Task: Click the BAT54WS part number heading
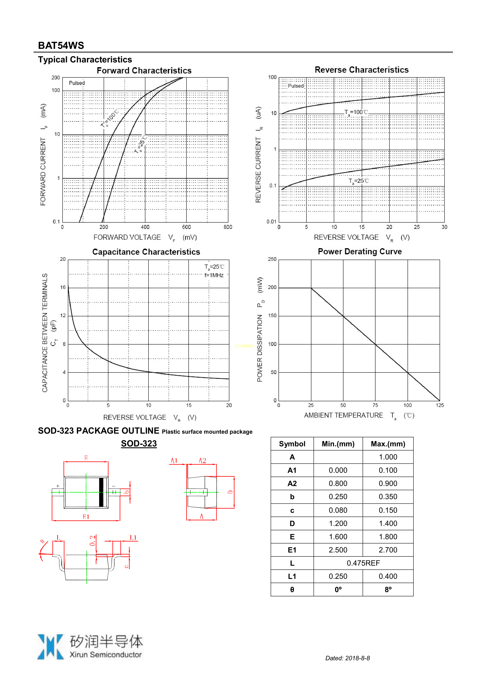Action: [61, 46]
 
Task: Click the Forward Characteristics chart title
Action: [144, 71]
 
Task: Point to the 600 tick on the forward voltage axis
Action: [186, 227]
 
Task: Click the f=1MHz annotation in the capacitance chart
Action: [214, 275]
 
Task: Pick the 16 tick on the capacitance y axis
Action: [63, 287]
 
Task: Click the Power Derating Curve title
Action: [360, 251]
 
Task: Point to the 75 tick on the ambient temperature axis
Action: [375, 405]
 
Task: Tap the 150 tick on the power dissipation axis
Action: [272, 315]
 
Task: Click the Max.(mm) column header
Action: [388, 444]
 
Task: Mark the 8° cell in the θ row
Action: [388, 590]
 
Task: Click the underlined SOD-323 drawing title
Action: [139, 443]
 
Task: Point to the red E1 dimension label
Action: [86, 517]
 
